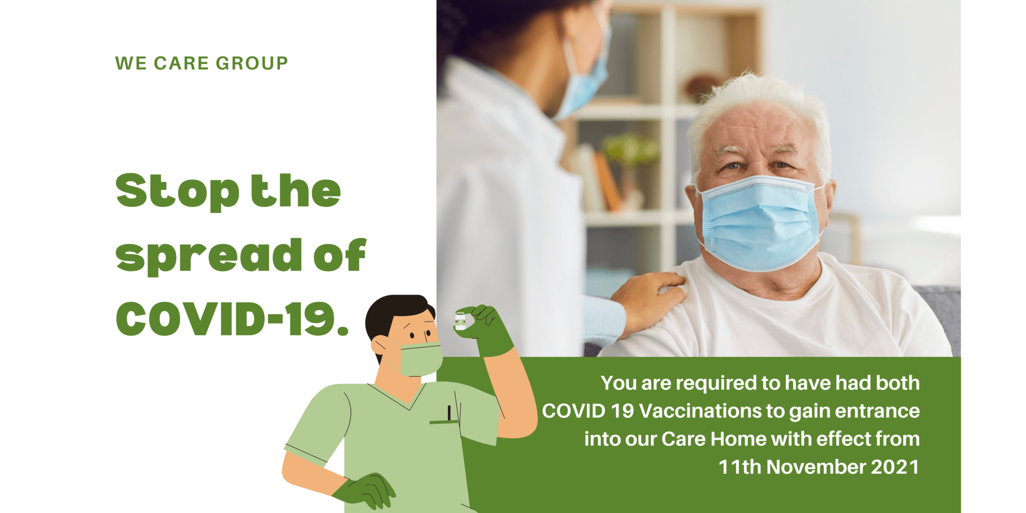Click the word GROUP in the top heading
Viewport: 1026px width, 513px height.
coord(251,63)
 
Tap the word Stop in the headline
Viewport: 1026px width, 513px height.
coord(177,191)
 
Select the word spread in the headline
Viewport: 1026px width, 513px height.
coord(209,255)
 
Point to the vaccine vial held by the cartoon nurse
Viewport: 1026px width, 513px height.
coord(460,321)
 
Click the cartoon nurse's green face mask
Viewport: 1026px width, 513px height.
coord(420,359)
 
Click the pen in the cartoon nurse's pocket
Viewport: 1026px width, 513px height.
coord(449,413)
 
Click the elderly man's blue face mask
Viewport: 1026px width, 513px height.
coord(761,223)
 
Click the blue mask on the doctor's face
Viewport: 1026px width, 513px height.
coord(585,77)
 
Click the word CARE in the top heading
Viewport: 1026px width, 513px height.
coord(181,63)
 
